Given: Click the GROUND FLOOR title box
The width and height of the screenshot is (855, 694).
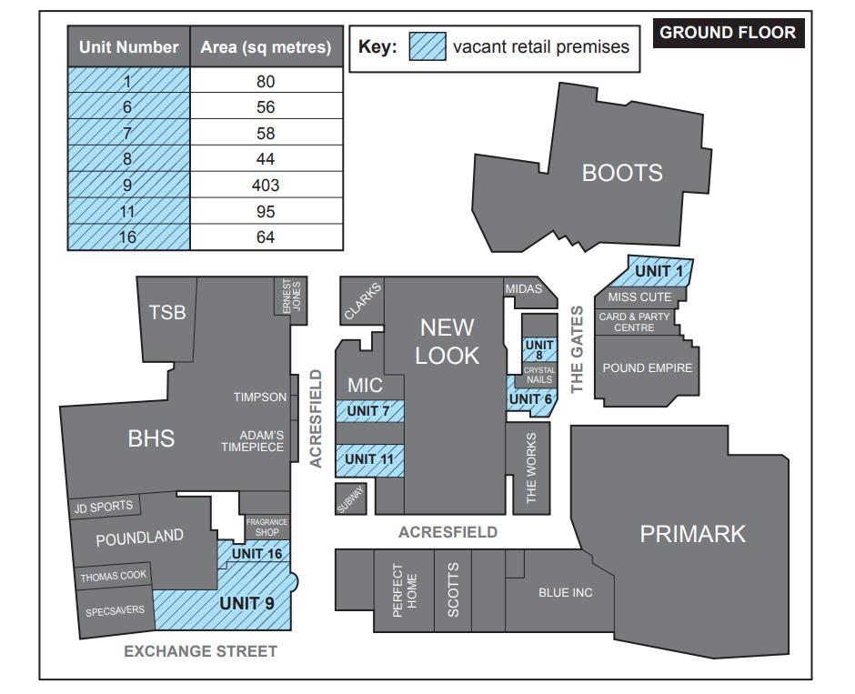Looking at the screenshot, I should click(x=728, y=33).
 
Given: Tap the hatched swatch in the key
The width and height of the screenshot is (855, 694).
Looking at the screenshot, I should click(x=427, y=46).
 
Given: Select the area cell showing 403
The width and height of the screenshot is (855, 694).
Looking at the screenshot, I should click(x=267, y=186).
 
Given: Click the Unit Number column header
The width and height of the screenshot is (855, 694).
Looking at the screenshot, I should click(x=128, y=47).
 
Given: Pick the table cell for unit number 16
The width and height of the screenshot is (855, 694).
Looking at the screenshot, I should click(x=128, y=237).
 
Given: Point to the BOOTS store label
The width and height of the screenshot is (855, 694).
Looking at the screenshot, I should click(x=622, y=173).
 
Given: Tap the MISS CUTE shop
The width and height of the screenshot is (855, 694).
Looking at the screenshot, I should click(x=639, y=297).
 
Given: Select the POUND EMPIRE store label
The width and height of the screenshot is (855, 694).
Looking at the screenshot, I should click(x=647, y=368).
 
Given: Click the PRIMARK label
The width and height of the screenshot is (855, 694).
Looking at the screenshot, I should click(x=692, y=534).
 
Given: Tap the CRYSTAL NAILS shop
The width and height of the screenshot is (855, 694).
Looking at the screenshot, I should click(x=539, y=375).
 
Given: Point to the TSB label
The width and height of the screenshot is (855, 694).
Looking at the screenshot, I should click(x=167, y=313).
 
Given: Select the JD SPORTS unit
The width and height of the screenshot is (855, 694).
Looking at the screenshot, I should click(x=104, y=507).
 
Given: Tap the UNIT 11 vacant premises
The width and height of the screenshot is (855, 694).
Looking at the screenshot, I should click(x=369, y=459).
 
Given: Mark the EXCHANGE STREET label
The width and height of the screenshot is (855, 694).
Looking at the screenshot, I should click(x=200, y=651).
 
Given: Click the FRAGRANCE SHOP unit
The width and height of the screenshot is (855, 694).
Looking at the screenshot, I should click(x=267, y=527).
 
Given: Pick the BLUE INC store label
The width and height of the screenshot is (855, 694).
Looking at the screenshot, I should click(x=565, y=593).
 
